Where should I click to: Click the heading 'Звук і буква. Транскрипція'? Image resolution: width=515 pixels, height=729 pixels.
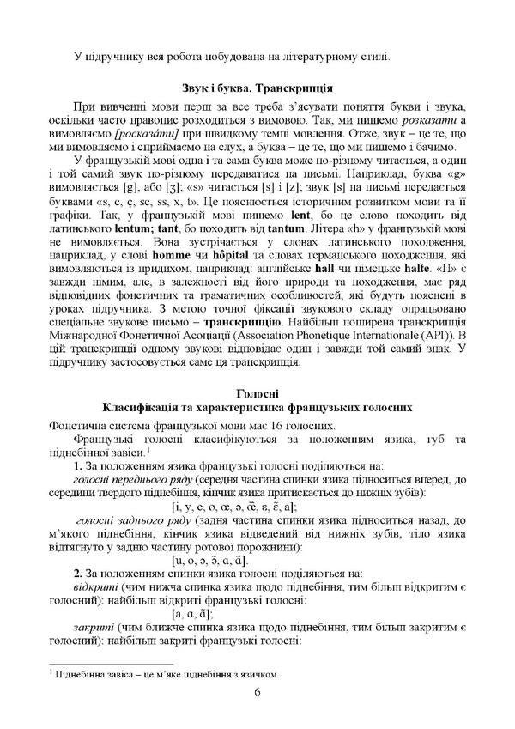(x=257, y=88)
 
